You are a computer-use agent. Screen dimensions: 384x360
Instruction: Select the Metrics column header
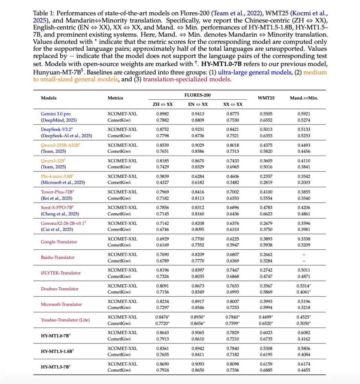115,98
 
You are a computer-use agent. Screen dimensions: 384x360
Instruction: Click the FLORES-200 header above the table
197,95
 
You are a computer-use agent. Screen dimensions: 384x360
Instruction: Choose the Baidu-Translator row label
58,257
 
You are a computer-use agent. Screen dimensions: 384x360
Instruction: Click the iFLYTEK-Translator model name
61,273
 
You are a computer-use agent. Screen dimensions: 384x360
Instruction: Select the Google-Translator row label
59,241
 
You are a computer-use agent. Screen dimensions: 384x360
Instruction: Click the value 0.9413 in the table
197,114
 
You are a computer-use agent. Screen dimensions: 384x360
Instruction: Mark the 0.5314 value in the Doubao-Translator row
303,285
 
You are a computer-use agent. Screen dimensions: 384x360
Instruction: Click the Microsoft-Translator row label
61,304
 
